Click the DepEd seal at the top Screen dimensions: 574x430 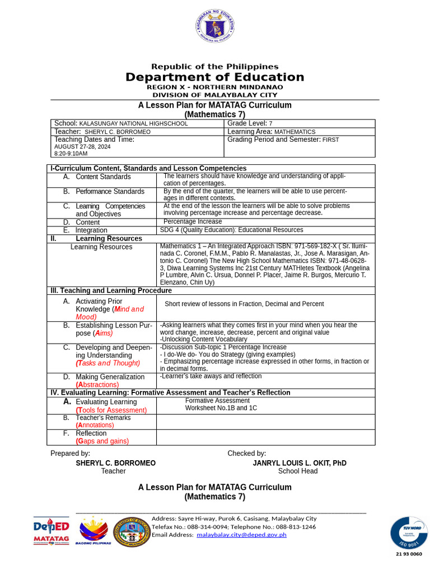point(215,27)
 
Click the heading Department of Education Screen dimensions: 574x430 point(215,77)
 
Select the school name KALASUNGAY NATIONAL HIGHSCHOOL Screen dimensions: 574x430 point(133,123)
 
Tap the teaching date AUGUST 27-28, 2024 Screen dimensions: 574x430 point(82,147)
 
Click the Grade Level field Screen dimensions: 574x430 point(250,123)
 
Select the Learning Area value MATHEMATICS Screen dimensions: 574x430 point(295,132)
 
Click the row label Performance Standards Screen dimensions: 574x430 point(110,192)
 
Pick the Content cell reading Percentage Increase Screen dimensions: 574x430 point(193,222)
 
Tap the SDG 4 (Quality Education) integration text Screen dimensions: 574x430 point(231,230)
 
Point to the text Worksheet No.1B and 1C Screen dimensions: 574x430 point(221,408)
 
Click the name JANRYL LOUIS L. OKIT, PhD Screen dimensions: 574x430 point(300,463)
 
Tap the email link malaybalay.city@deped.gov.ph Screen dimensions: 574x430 point(241,535)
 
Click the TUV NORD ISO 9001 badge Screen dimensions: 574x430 point(409,533)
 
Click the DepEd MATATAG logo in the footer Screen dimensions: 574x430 point(51,531)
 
